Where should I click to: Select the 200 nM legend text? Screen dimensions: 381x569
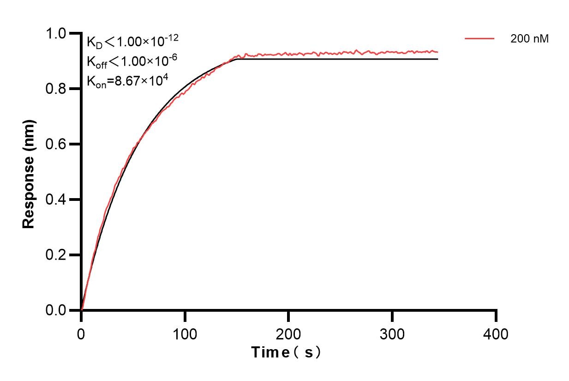click(x=529, y=39)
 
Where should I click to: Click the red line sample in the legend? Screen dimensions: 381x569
click(x=479, y=39)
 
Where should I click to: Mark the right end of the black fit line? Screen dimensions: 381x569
click(x=437, y=59)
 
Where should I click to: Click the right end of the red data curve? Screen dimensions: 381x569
click(x=437, y=52)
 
